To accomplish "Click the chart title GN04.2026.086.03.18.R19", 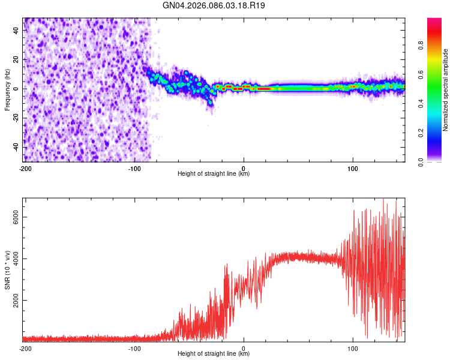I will [x=214, y=5].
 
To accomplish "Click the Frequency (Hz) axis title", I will [x=7, y=89].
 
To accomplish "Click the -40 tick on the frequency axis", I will [x=15, y=147].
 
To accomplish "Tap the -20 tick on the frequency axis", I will [x=15, y=118].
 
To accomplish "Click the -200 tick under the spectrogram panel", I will [x=25, y=169].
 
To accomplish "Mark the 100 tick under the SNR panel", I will [x=353, y=348].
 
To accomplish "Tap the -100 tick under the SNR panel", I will [x=134, y=348].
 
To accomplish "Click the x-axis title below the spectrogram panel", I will [x=214, y=174].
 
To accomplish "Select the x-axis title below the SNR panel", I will [x=214, y=353].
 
